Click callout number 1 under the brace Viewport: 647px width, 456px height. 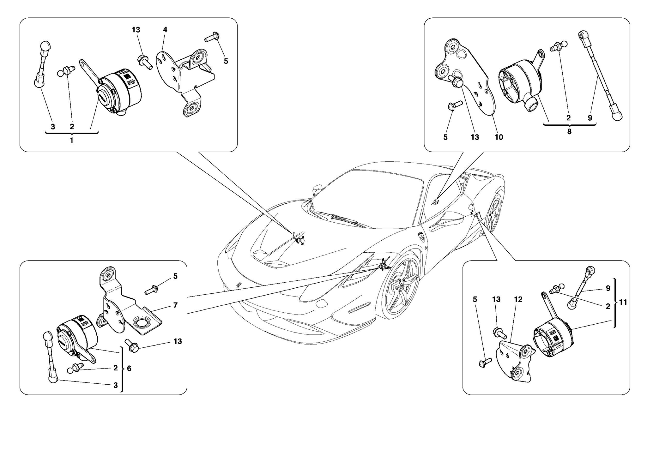point(72,141)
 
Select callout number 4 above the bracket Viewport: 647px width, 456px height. point(165,30)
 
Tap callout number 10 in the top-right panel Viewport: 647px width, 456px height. point(499,137)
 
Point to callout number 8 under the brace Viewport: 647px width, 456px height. point(569,132)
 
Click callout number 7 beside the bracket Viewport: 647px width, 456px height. point(175,305)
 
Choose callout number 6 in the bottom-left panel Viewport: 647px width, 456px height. point(129,369)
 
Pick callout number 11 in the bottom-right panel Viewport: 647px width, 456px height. point(623,303)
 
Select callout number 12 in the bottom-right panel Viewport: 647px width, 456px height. point(518,299)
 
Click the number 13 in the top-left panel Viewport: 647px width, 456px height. point(136,30)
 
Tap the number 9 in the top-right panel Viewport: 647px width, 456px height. point(590,118)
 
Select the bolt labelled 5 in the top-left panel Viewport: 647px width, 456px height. point(212,37)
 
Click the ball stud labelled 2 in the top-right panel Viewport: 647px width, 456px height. point(558,46)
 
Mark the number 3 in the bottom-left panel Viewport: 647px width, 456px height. point(115,385)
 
